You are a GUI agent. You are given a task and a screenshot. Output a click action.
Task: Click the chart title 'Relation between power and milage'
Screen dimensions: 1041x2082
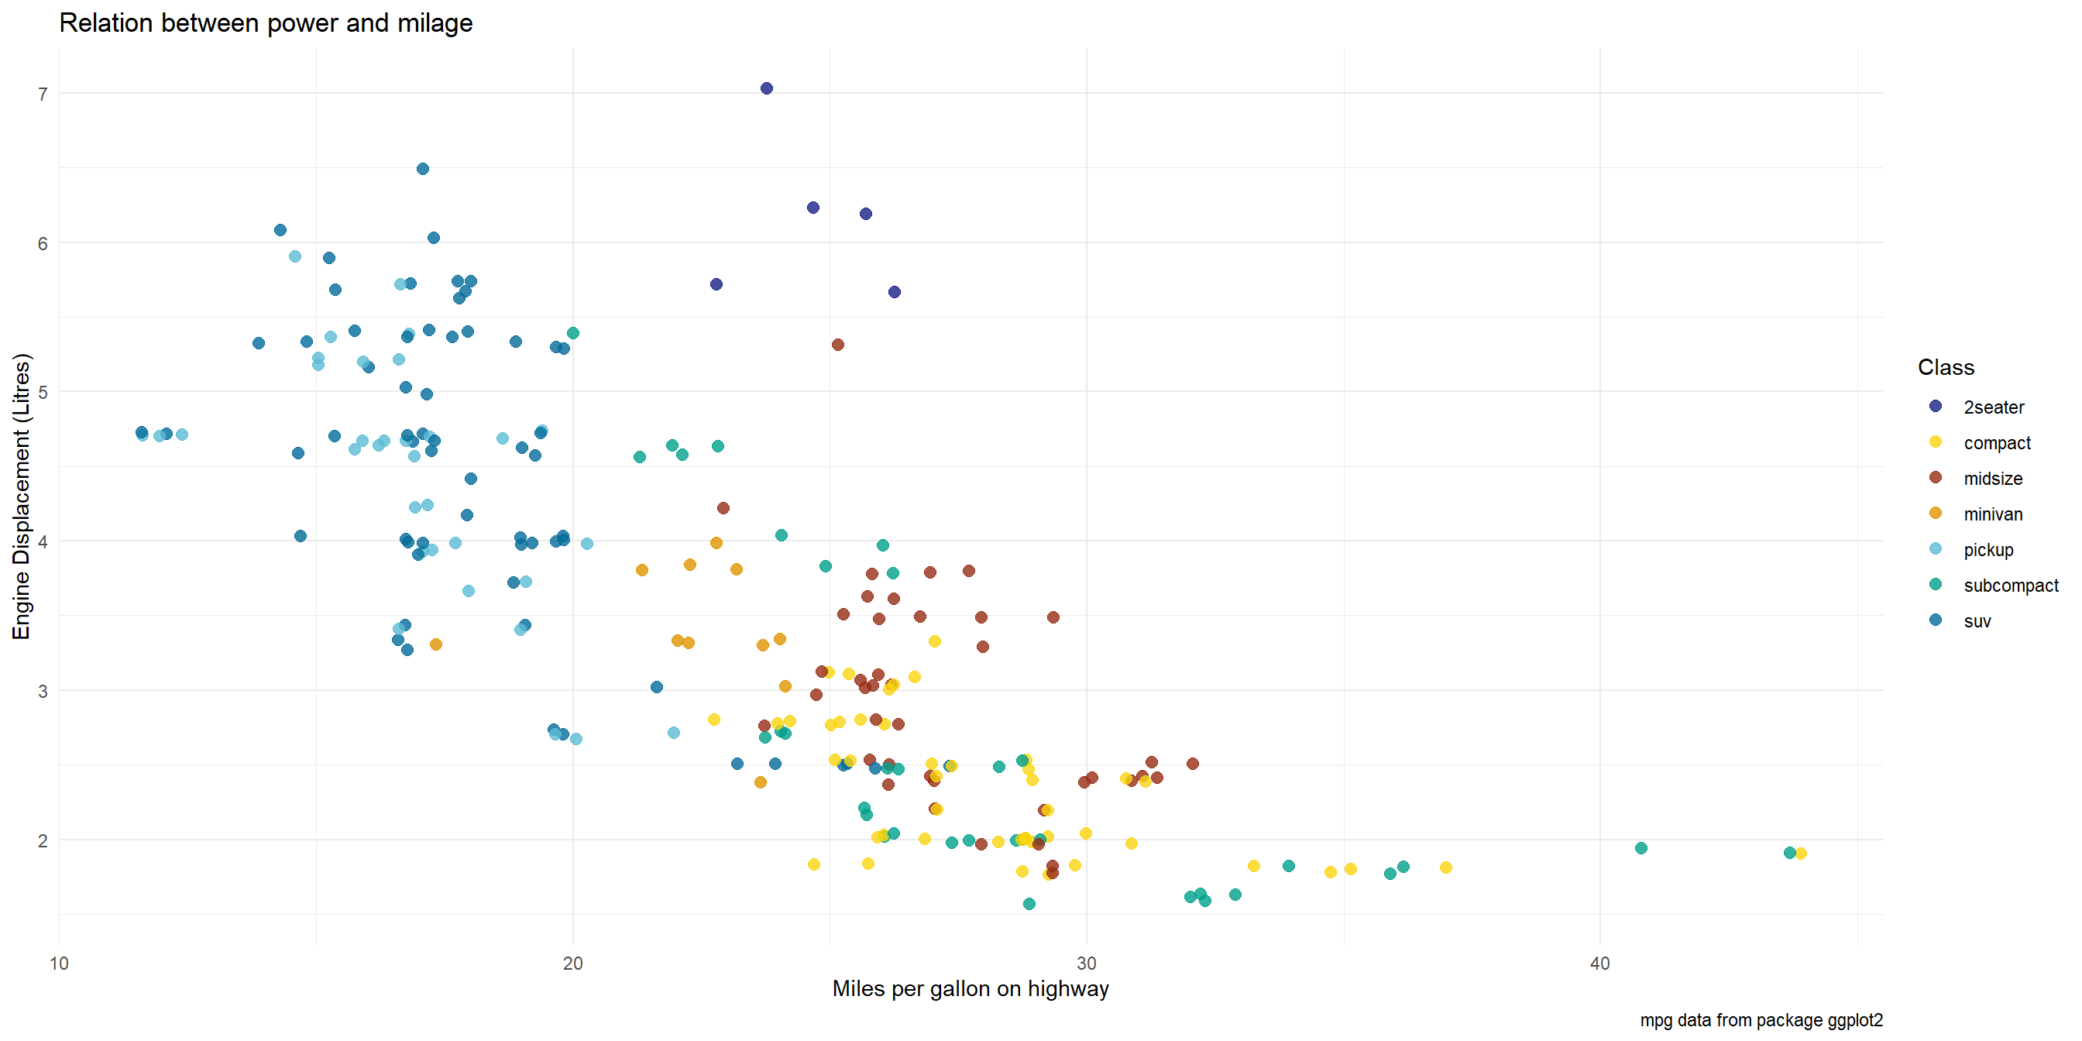point(266,22)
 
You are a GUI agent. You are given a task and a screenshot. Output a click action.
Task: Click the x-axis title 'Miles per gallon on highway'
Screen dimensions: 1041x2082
point(970,988)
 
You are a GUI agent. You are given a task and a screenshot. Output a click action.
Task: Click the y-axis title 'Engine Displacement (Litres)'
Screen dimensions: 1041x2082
point(21,496)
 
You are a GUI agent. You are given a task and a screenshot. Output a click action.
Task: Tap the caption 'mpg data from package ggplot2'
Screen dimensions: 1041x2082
point(1761,1020)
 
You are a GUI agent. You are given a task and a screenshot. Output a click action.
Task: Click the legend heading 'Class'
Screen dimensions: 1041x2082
point(1946,367)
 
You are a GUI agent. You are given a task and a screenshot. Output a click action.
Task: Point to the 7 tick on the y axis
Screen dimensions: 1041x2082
point(43,94)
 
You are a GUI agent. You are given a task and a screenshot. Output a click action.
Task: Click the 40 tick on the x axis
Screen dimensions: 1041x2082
point(1599,964)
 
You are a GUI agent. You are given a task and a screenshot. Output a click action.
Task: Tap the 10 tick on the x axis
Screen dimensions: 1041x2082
point(59,964)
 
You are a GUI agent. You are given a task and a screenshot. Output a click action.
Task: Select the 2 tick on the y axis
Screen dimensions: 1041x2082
point(43,840)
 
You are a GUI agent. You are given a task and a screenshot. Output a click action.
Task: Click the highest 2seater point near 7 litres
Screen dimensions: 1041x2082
point(767,88)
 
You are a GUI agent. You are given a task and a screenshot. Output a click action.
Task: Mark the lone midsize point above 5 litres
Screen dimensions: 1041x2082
point(838,345)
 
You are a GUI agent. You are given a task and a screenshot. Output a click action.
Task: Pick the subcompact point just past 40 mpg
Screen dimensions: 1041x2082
point(1641,848)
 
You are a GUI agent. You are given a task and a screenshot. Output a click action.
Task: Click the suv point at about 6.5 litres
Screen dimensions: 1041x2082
point(423,169)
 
